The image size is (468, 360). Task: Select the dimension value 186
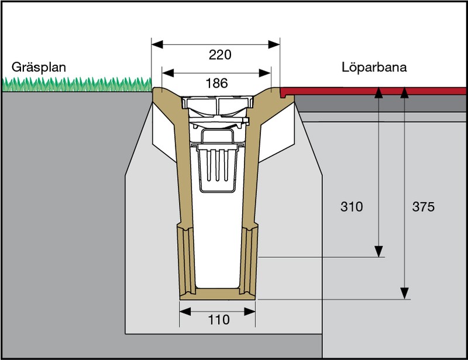tap(216, 83)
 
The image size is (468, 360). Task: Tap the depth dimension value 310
tap(352, 207)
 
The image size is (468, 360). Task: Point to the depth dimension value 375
tap(423, 207)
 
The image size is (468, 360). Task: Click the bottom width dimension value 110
tap(217, 320)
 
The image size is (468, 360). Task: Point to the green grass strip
tap(76, 85)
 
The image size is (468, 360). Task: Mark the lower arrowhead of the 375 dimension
tap(404, 292)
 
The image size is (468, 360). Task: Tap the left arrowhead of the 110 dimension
tap(183, 310)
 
